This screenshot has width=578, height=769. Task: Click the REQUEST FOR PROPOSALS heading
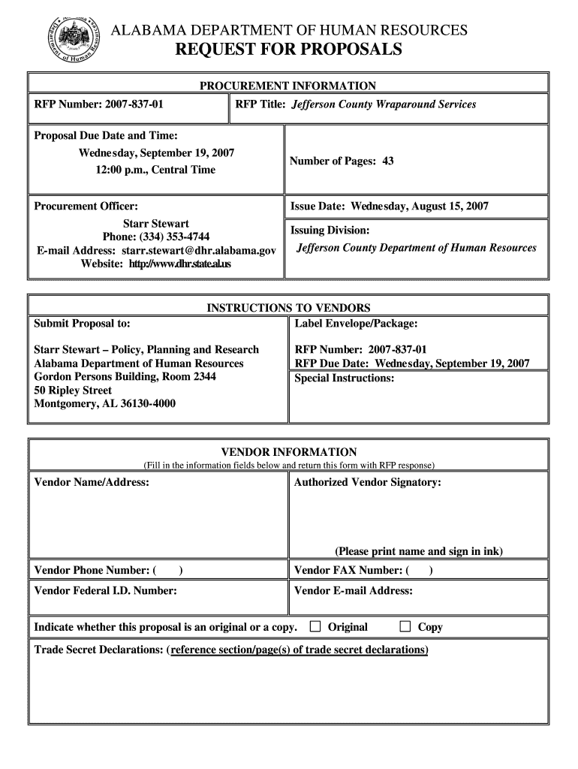[289, 50]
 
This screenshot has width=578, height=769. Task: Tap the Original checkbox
[315, 626]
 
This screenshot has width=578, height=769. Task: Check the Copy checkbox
[405, 626]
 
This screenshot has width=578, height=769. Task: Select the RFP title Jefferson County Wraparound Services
[384, 104]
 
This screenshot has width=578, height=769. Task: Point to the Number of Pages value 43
[387, 161]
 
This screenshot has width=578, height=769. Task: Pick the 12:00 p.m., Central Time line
[155, 170]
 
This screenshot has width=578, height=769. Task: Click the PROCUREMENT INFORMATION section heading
[287, 86]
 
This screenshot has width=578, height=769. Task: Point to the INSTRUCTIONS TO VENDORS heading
[288, 308]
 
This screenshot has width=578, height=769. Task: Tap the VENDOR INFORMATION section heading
[288, 452]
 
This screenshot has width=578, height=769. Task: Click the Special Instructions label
[344, 378]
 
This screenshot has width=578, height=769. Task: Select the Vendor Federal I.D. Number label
[106, 591]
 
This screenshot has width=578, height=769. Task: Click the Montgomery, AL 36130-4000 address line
[105, 404]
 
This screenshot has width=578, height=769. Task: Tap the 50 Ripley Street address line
[73, 391]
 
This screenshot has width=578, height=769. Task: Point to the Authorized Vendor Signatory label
[367, 482]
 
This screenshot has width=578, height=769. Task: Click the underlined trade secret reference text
[299, 650]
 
